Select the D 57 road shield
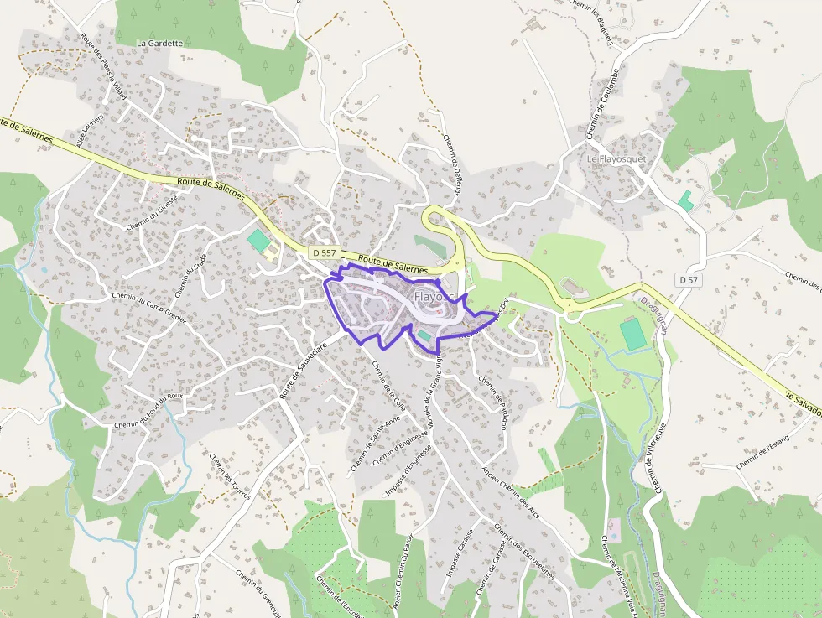pos(689,279)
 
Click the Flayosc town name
pos(431,298)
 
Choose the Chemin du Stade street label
pos(190,276)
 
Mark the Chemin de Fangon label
pos(493,402)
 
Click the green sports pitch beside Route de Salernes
pos(258,241)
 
